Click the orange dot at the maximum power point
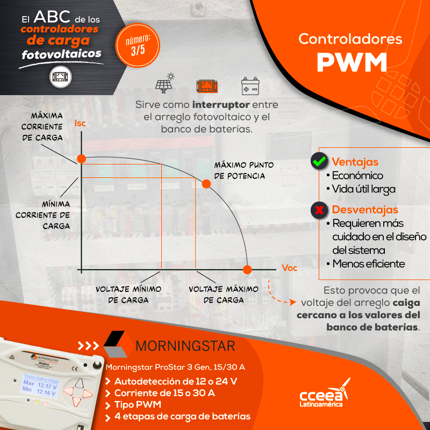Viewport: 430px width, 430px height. pyautogui.click(x=206, y=184)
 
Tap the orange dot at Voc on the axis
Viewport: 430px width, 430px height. pyautogui.click(x=247, y=270)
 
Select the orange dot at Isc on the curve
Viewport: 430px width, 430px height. pyautogui.click(x=82, y=159)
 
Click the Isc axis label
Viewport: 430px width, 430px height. pyautogui.click(x=80, y=124)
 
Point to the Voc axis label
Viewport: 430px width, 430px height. pyautogui.click(x=289, y=268)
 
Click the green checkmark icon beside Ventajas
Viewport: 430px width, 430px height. pyautogui.click(x=319, y=161)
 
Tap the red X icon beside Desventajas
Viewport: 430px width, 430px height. pyautogui.click(x=319, y=210)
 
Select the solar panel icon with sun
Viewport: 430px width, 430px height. pyautogui.click(x=165, y=83)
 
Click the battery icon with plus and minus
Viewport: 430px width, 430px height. pyautogui.click(x=250, y=86)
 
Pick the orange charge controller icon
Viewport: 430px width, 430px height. pyautogui.click(x=207, y=87)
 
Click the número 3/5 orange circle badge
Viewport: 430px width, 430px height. pyautogui.click(x=138, y=45)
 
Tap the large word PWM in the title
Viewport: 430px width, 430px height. pyautogui.click(x=352, y=62)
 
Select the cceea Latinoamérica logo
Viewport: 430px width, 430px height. pyautogui.click(x=325, y=393)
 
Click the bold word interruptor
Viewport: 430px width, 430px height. pyautogui.click(x=221, y=104)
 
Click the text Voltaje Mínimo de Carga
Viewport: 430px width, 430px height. pyautogui.click(x=128, y=295)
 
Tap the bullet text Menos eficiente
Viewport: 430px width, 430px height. pyautogui.click(x=369, y=264)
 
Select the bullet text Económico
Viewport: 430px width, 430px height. pyautogui.click(x=357, y=176)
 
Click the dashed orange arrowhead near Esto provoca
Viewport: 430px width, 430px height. pyautogui.click(x=293, y=302)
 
